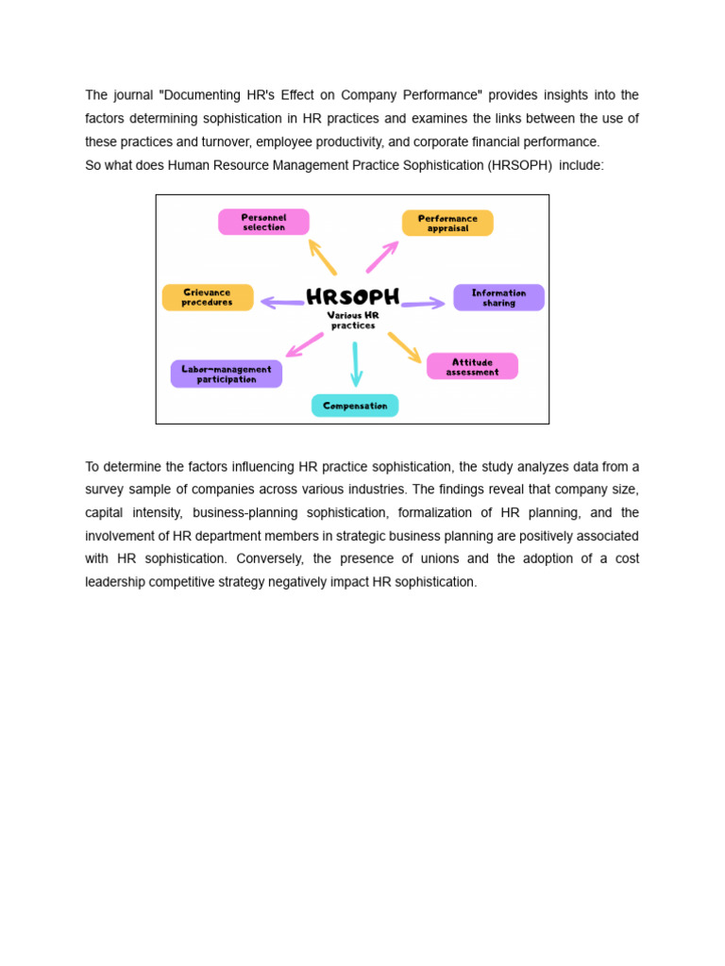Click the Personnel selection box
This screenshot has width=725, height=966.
[263, 222]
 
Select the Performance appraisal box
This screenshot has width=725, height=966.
[447, 223]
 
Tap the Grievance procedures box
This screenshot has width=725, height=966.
[208, 297]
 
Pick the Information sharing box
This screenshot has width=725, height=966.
[498, 297]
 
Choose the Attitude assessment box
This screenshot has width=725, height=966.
[472, 366]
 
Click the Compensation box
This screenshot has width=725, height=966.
[355, 406]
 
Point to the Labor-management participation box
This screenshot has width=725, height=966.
[227, 374]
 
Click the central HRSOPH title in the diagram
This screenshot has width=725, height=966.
[353, 296]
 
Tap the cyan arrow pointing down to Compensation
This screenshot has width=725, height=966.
[356, 364]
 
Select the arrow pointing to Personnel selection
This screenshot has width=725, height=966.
[322, 256]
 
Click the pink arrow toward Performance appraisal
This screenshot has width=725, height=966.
[381, 257]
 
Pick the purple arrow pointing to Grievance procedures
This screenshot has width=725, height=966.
[282, 303]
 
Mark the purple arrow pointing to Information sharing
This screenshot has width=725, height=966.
[423, 304]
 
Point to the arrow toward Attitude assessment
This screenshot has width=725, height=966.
[405, 347]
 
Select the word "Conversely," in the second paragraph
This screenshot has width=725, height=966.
[269, 558]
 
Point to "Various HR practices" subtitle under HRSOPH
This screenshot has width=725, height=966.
[353, 320]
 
